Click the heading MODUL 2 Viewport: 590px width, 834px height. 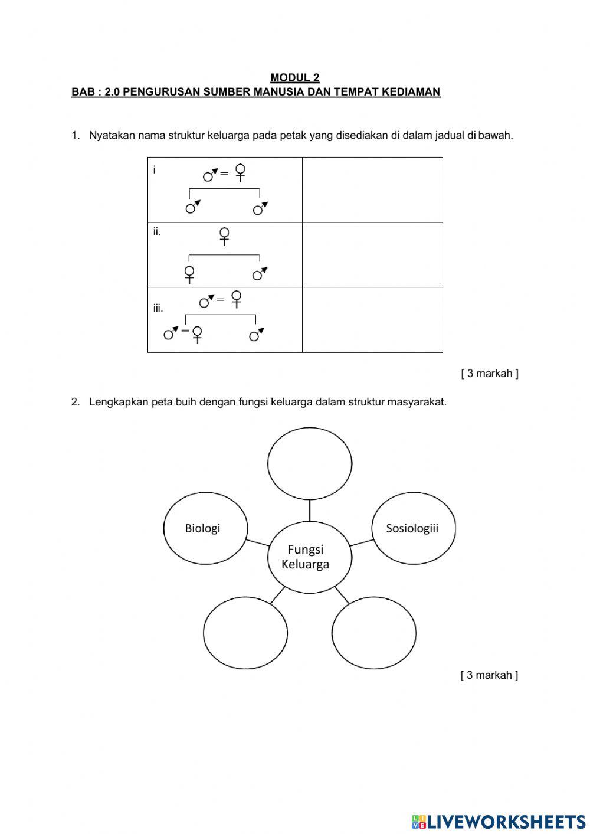point(295,77)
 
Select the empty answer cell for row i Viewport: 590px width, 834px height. point(372,190)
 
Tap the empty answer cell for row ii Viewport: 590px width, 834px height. point(372,255)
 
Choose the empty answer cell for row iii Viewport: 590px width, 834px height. point(372,320)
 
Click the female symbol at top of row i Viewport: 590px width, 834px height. point(240,172)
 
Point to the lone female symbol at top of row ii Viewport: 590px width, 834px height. point(224,236)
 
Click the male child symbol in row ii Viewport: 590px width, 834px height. point(259,273)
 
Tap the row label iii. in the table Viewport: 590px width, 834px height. point(158,308)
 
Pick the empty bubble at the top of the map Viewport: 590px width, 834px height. point(310,463)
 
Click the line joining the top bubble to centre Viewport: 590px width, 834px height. point(310,511)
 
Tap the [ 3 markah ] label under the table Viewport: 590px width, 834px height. point(489,374)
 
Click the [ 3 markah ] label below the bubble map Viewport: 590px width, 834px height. point(489,675)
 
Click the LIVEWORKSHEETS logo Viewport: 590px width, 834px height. point(499,821)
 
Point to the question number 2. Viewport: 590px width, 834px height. point(75,403)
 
